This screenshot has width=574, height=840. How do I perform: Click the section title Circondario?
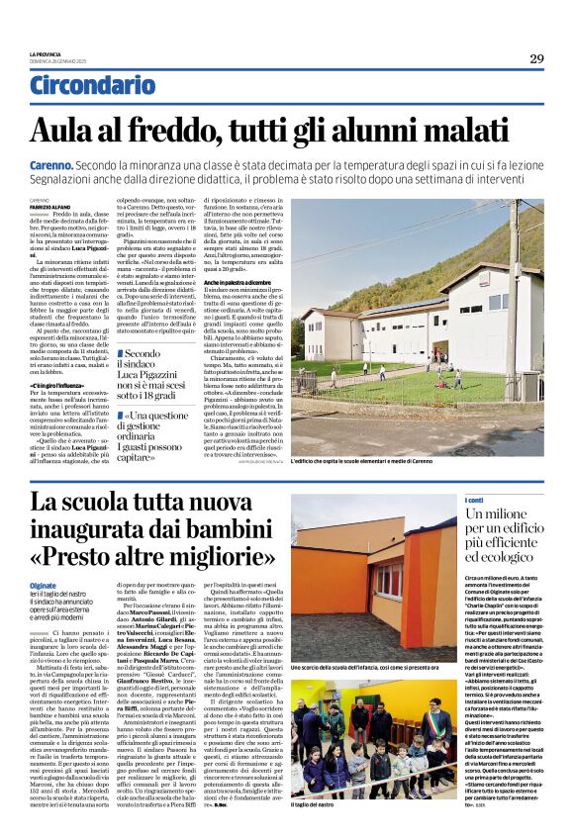point(92,85)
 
